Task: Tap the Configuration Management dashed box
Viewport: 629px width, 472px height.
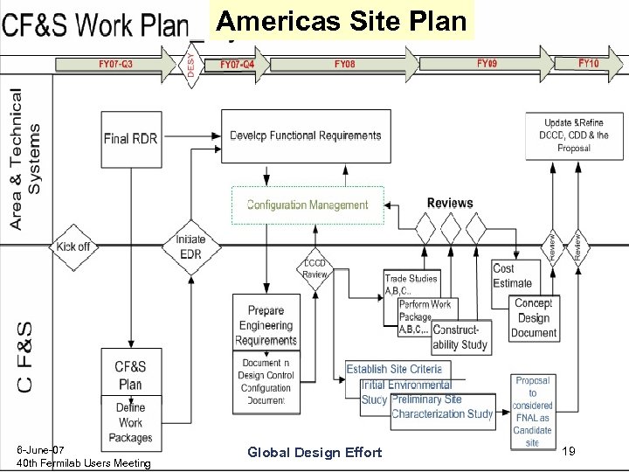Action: tap(308, 205)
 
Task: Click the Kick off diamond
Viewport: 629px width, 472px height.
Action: tap(73, 246)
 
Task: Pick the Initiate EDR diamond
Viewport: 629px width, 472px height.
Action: tap(190, 247)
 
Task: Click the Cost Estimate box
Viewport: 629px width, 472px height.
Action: tap(513, 275)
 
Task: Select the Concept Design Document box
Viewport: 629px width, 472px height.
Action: tap(533, 318)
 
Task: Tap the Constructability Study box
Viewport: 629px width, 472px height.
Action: tap(461, 337)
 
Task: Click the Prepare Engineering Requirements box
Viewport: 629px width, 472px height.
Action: tap(266, 324)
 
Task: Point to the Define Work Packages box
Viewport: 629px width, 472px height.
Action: tap(131, 422)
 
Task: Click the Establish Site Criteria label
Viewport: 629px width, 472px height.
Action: tap(399, 370)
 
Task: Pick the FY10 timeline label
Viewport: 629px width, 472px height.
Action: tap(589, 64)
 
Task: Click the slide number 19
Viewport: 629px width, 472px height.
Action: tap(568, 452)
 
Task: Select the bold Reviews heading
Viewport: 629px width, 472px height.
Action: tap(450, 204)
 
